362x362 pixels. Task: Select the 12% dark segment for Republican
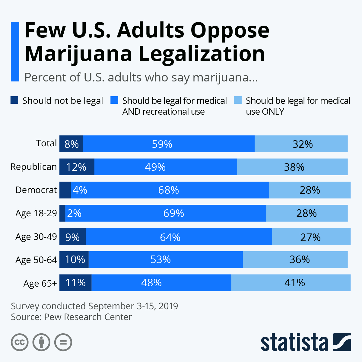[x=77, y=167]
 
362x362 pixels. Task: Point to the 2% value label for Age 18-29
[x=74, y=213]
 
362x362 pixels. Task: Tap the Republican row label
[x=33, y=167]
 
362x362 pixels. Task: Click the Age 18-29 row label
[x=36, y=213]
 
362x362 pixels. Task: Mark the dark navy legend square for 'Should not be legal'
[x=14, y=100]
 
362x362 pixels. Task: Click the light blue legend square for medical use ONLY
[x=238, y=100]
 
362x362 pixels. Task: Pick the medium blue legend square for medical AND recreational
[x=114, y=100]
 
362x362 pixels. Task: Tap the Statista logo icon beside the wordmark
[x=342, y=342]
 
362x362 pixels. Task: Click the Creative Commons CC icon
[x=20, y=342]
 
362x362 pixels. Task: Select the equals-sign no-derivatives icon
[x=63, y=342]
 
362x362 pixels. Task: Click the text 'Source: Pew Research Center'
[x=71, y=317]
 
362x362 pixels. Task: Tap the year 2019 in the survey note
[x=168, y=306]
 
